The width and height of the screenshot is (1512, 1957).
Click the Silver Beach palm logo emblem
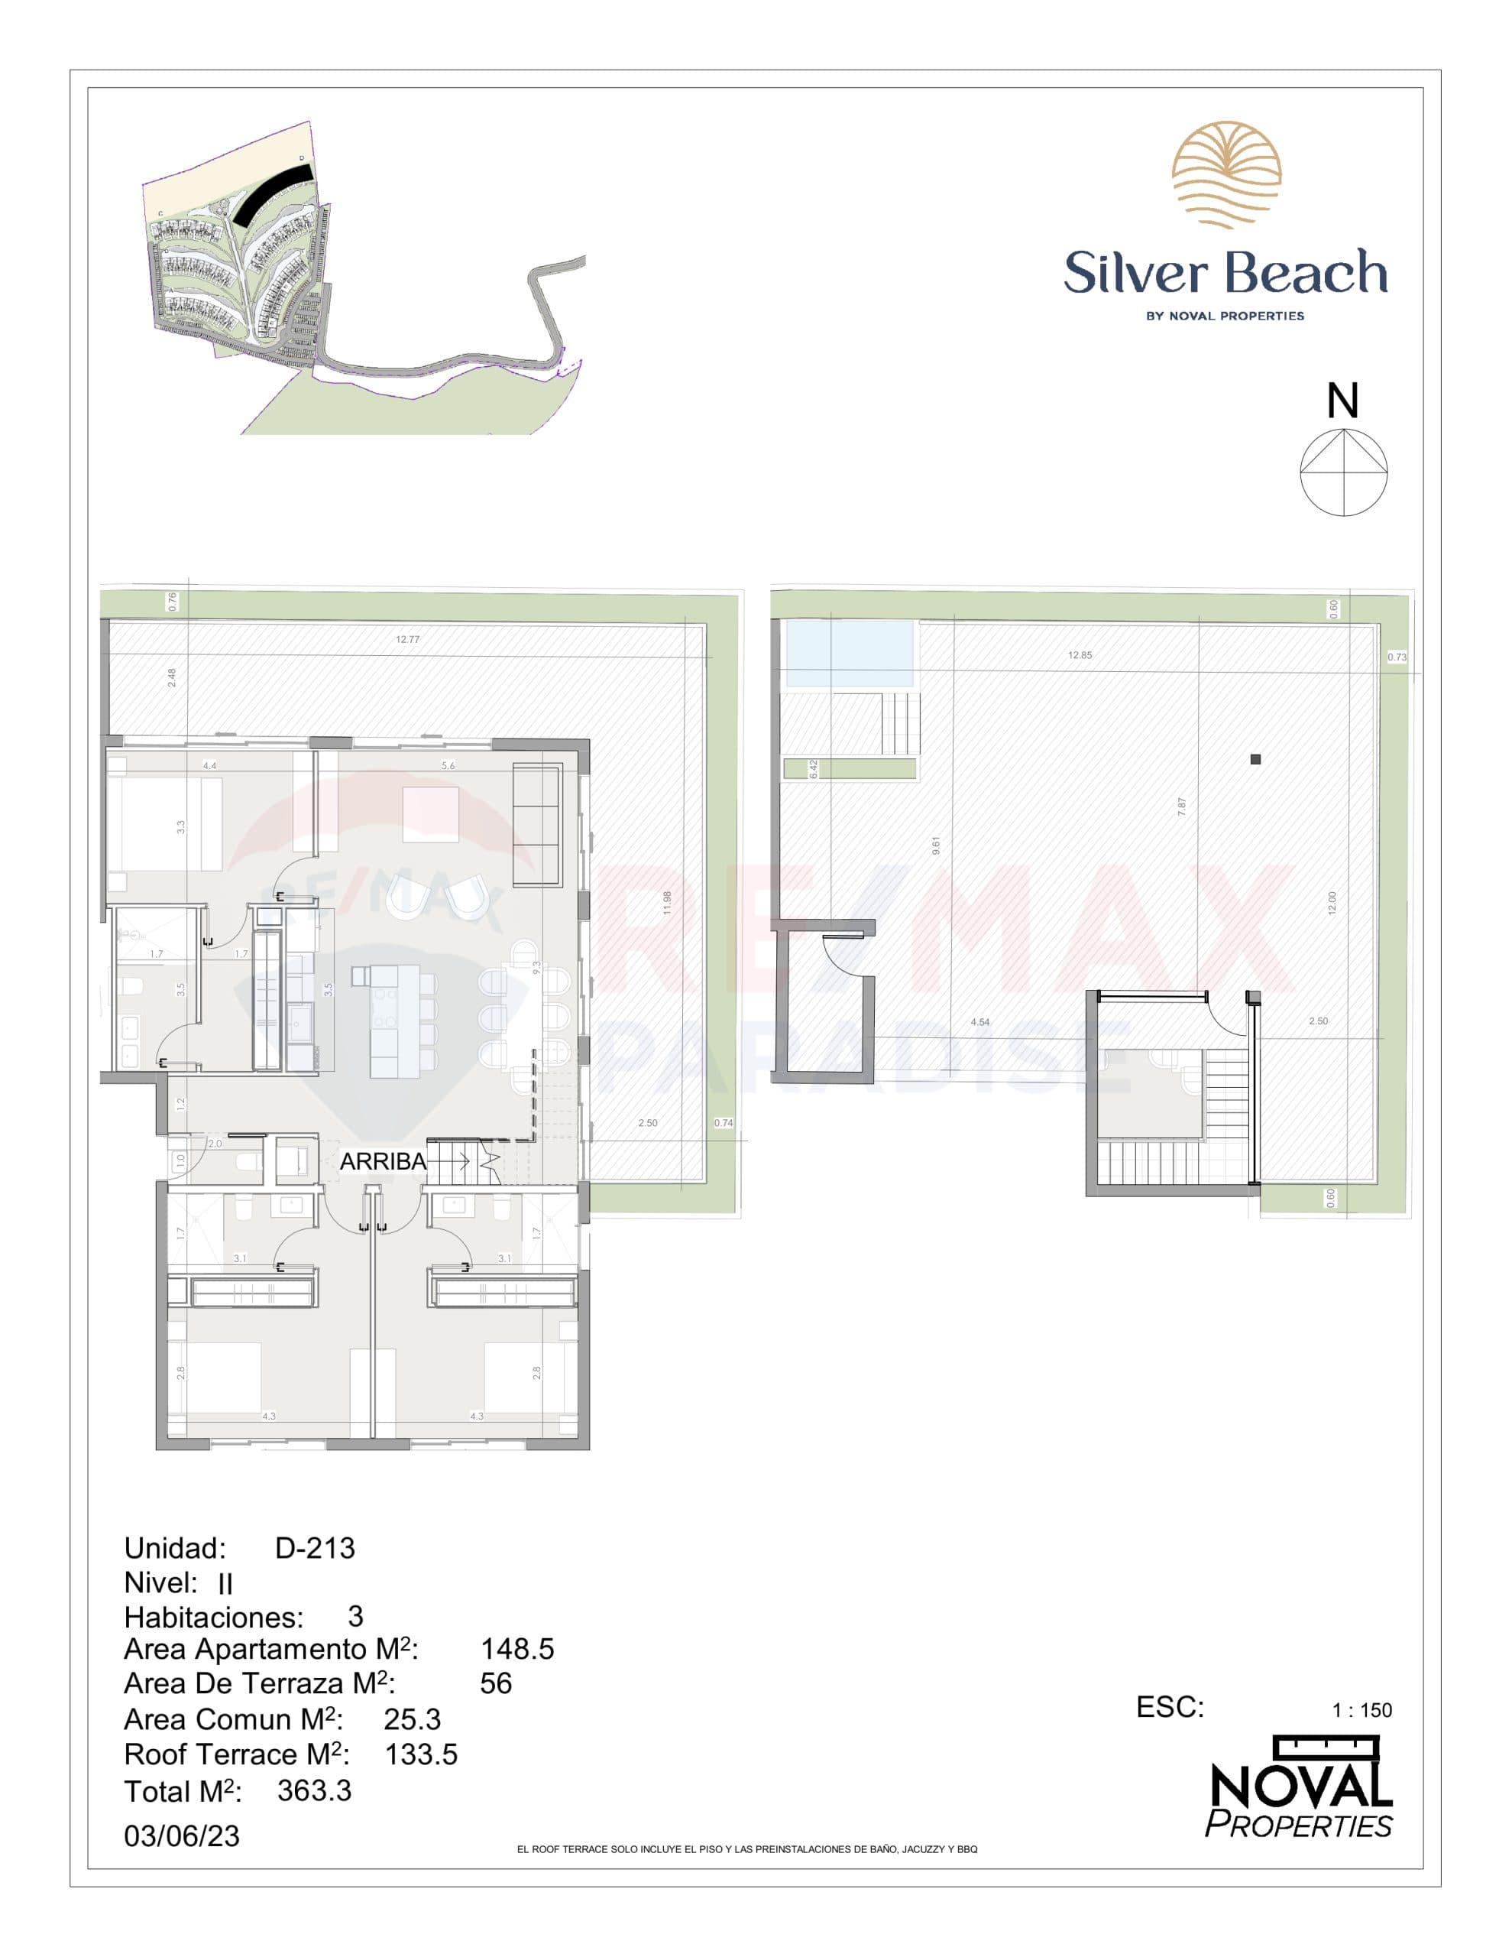tap(1225, 175)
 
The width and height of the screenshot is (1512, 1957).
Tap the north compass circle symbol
tap(1344, 472)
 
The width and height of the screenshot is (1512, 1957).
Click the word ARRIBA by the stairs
tap(383, 1161)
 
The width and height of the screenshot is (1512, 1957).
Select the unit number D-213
tap(315, 1547)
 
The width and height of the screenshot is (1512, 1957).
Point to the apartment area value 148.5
tap(516, 1649)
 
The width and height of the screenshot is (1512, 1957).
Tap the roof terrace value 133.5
tap(421, 1754)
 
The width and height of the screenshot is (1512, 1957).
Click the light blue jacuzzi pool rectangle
tap(849, 654)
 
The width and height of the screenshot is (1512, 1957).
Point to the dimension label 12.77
tap(407, 640)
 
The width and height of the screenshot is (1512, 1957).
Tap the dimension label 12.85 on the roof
tap(1080, 655)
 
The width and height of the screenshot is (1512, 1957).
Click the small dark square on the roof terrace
tap(1255, 759)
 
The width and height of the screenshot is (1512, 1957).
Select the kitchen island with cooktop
tap(394, 1021)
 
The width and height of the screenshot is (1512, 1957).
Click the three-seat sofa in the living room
tap(536, 823)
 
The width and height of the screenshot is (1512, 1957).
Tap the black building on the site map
tap(271, 196)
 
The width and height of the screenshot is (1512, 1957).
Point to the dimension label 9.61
tap(936, 845)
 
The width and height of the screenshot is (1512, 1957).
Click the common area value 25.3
tap(412, 1718)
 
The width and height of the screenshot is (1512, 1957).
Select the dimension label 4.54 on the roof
tap(980, 1022)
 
